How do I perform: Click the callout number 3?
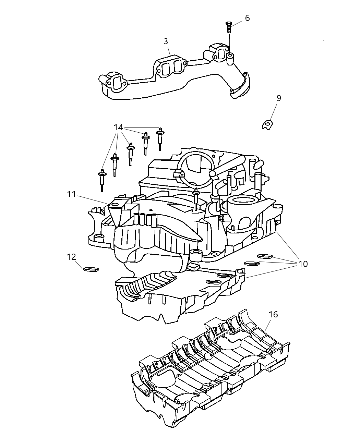coord(166,41)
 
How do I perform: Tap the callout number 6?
coord(247,18)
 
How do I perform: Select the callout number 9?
coord(279,98)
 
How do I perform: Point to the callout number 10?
coord(303,264)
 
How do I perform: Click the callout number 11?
coord(71,194)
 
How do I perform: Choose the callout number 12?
coord(71,257)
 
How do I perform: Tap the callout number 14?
coord(118,128)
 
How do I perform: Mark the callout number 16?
coord(273,314)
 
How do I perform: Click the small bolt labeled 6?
coord(229,27)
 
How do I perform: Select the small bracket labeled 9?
coord(266,125)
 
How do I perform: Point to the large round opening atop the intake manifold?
coord(194,165)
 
